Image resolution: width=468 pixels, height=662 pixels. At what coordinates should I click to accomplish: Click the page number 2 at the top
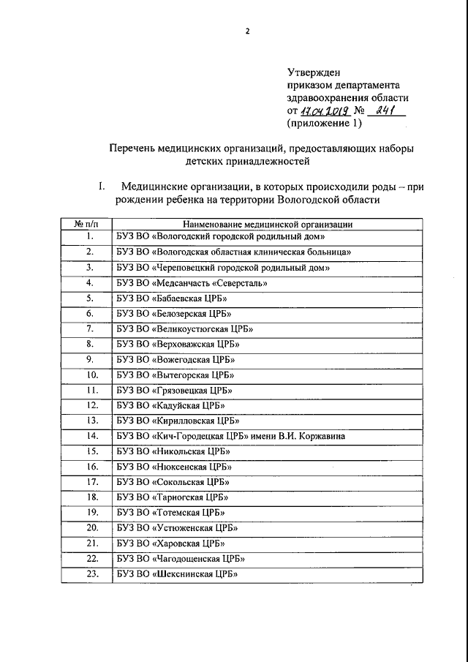point(248,31)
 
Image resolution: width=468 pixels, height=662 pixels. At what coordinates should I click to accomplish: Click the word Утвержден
point(314,72)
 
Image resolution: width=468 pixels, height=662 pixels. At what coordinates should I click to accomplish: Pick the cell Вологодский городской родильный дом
point(219,237)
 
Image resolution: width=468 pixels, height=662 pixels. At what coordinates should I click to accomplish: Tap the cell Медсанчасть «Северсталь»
point(195,284)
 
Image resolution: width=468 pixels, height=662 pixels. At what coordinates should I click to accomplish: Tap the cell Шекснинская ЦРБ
point(184,574)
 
